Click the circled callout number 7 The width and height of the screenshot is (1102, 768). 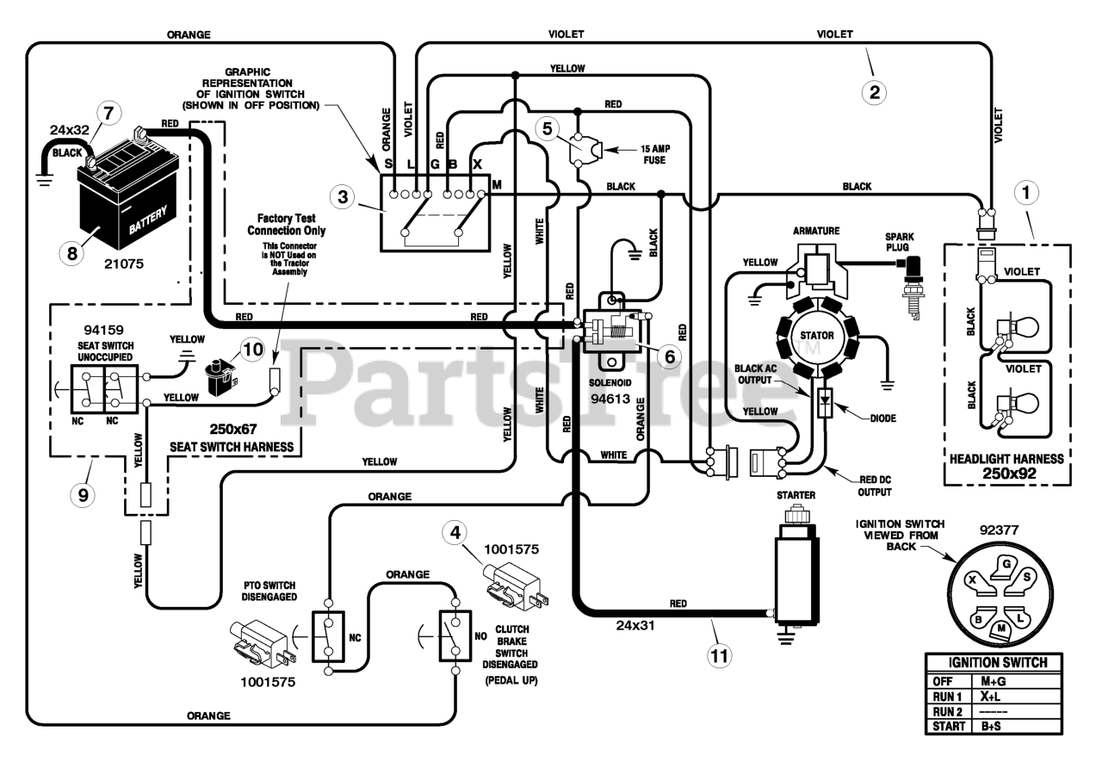pyautogui.click(x=108, y=113)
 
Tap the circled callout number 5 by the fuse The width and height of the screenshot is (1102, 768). pyautogui.click(x=547, y=129)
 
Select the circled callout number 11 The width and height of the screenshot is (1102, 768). pyautogui.click(x=719, y=656)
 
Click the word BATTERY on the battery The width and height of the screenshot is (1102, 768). pyautogui.click(x=148, y=220)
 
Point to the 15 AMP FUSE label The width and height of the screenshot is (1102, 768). pyautogui.click(x=655, y=154)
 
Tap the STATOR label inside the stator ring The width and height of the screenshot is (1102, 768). pyautogui.click(x=817, y=336)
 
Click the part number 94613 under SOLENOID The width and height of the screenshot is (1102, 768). pyautogui.click(x=610, y=399)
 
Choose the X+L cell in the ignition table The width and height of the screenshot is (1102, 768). pyautogui.click(x=990, y=697)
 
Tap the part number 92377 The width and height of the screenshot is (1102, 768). pyautogui.click(x=999, y=530)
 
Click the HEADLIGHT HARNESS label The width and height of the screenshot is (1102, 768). pyautogui.click(x=1006, y=459)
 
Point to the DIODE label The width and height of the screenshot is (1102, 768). pyautogui.click(x=883, y=418)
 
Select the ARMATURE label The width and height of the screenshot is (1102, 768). pyautogui.click(x=816, y=231)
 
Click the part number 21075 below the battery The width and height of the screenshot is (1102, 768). pyautogui.click(x=124, y=263)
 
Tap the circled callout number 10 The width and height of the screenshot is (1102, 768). pyautogui.click(x=253, y=350)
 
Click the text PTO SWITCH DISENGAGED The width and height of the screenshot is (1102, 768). pyautogui.click(x=269, y=591)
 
